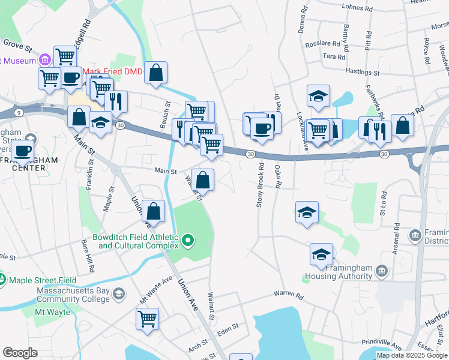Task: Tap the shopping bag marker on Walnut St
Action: pos(203,179)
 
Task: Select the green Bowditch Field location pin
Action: pos(188,241)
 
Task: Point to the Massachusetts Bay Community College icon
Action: pos(119,293)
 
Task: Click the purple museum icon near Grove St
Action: pos(44,60)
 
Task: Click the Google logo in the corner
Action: pos(20,352)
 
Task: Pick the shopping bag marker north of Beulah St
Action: pos(155,73)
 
